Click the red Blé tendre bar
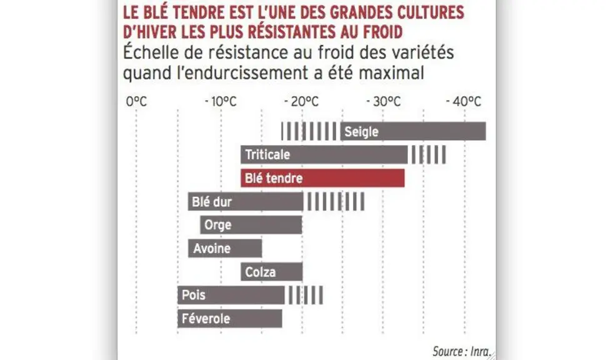pos(323,178)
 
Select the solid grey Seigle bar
pos(413,131)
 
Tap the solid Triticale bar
pos(324,154)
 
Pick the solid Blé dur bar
pos(246,201)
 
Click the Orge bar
pos(251,224)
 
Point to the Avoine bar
pos(225,248)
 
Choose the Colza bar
pos(272,271)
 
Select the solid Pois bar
pos(231,295)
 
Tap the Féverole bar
pos(230,319)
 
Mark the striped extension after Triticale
pos(429,154)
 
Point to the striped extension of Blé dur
pos(335,201)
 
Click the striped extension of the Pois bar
pos(305,295)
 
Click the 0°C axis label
pos(136,102)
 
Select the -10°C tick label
pos(221,102)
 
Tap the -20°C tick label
pos(302,102)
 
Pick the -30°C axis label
pos(384,102)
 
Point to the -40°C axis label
pos(464,102)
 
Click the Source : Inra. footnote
pos(462,351)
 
